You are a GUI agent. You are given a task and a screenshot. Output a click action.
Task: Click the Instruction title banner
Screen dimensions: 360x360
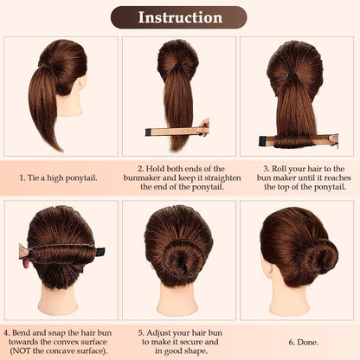[x=180, y=17]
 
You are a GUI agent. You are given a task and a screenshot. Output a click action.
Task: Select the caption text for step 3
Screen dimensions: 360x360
[x=299, y=178]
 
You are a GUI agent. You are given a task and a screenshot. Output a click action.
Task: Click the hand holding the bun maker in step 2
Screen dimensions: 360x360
[x=204, y=129]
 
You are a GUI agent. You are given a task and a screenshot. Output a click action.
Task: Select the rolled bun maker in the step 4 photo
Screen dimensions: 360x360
[x=61, y=252]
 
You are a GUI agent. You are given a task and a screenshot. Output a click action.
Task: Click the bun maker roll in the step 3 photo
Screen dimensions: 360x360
[x=299, y=139]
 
